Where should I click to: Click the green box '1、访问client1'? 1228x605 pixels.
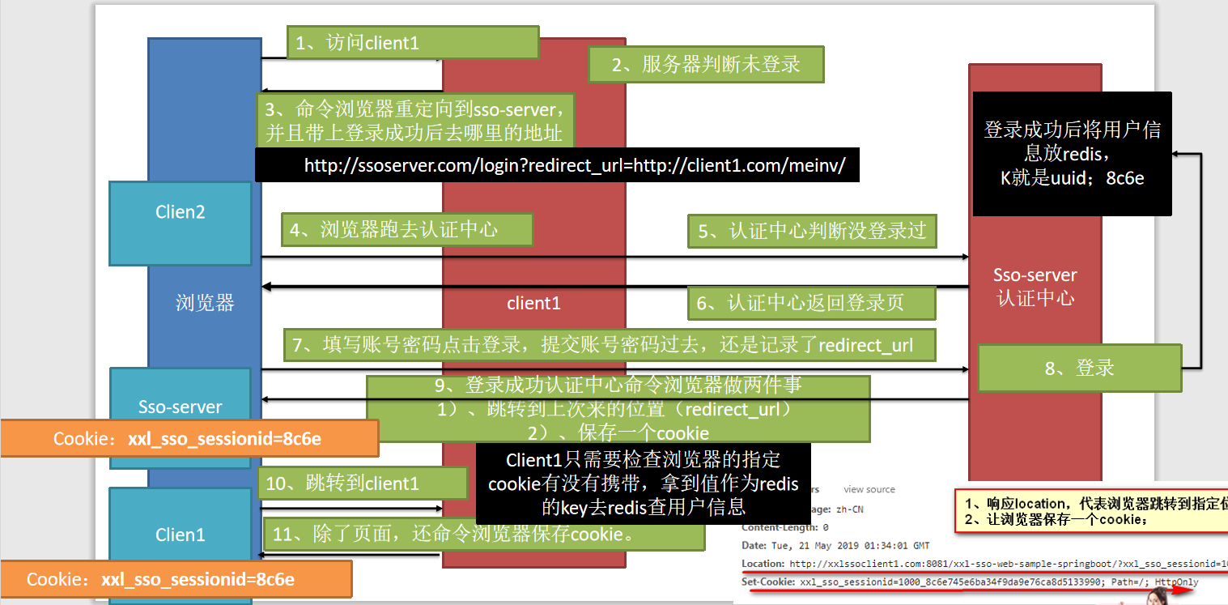[x=413, y=43]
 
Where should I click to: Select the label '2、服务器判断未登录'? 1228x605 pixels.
[x=705, y=65]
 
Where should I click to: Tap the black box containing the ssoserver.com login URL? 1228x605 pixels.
[x=557, y=165]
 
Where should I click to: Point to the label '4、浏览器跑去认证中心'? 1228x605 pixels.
[x=406, y=230]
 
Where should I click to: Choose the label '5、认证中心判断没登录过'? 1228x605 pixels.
[x=812, y=231]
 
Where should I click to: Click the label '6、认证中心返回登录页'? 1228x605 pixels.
[x=811, y=303]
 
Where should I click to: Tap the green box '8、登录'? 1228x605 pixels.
[x=1079, y=369]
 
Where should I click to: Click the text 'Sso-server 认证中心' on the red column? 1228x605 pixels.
[x=1035, y=287]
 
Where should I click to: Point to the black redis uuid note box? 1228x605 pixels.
[x=1072, y=153]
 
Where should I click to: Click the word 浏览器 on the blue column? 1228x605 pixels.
[x=205, y=303]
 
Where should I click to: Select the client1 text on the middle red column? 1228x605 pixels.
[x=533, y=303]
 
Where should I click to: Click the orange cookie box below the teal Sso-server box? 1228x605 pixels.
[x=189, y=439]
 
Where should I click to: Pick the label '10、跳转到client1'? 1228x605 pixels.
[x=363, y=484]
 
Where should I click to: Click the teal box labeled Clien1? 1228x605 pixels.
[x=181, y=535]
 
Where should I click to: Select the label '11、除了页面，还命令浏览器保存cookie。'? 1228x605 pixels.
[x=483, y=535]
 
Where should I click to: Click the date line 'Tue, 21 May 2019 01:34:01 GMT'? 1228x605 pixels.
[x=835, y=545]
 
